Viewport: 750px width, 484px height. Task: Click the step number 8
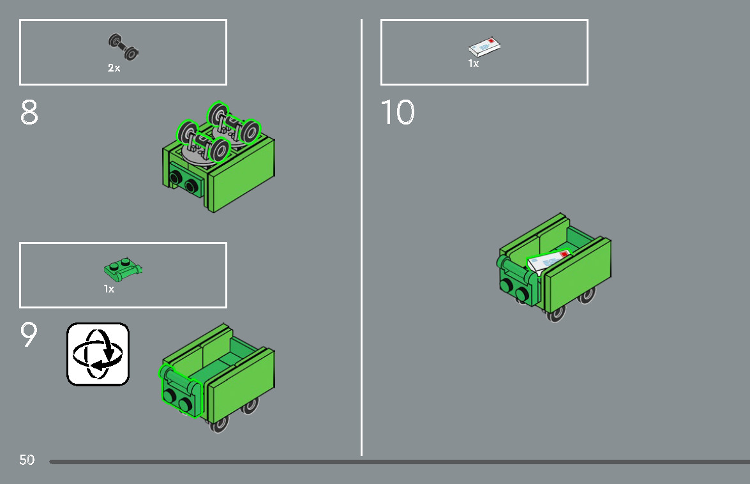[x=29, y=112]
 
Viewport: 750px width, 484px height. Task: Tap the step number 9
[x=29, y=334]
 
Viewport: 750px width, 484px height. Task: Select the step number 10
[x=398, y=112]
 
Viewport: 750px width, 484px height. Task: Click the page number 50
[x=27, y=460]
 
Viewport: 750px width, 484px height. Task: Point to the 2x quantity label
[x=114, y=68]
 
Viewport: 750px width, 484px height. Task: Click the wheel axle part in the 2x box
[x=123, y=47]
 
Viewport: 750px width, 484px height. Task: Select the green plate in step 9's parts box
[x=123, y=269]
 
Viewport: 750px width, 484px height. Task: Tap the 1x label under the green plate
[x=109, y=289]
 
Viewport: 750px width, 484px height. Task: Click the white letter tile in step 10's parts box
[x=484, y=47]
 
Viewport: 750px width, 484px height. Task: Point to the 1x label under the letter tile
[x=474, y=64]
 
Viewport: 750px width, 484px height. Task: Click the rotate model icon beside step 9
[x=98, y=354]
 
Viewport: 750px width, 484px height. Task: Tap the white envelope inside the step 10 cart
[x=549, y=261]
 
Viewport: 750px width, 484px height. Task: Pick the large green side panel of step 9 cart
[x=241, y=386]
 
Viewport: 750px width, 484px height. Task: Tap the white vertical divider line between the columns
[x=362, y=238]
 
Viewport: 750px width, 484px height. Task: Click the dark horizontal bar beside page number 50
[x=400, y=462]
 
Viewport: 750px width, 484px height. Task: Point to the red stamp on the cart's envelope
[x=564, y=253]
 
